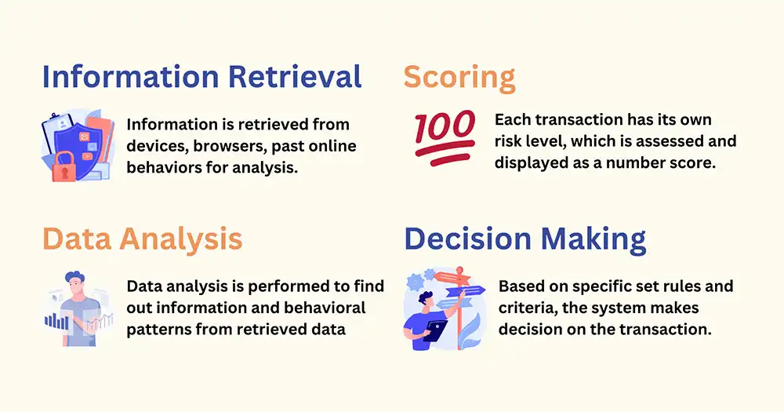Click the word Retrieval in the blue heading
pos(295,77)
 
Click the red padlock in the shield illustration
pos(64,167)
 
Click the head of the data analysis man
pos(75,283)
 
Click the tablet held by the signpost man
pos(435,331)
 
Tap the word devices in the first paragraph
pos(158,146)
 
